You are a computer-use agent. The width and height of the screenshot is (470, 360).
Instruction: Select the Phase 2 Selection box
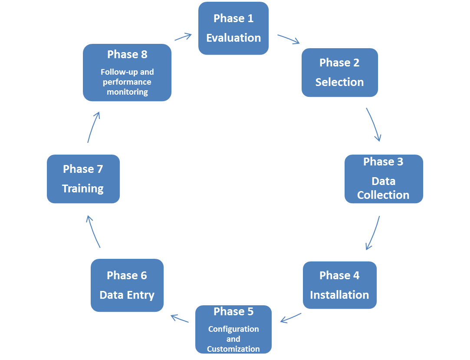[339, 72]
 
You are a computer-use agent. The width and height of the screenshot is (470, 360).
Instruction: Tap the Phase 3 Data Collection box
[384, 178]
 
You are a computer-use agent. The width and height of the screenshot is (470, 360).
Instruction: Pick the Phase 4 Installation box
[339, 284]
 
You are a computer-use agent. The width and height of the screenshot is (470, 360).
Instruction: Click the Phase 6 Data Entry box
[127, 285]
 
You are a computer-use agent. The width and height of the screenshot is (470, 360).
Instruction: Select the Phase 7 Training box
[83, 178]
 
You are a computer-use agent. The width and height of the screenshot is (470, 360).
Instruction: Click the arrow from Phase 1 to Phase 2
[289, 39]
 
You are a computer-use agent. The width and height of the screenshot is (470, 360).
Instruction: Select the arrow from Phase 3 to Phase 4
[374, 233]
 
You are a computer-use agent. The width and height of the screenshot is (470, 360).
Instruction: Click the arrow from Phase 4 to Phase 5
[291, 318]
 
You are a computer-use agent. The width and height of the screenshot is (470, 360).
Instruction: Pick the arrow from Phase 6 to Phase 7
[93, 231]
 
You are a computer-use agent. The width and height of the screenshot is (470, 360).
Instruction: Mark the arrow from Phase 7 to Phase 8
[93, 127]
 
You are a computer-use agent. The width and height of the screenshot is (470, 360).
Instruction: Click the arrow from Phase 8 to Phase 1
[183, 36]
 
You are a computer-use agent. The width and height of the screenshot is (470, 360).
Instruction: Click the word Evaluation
[233, 38]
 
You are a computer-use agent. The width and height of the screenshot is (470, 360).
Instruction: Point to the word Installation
[339, 295]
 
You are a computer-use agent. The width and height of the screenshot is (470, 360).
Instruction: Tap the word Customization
[233, 349]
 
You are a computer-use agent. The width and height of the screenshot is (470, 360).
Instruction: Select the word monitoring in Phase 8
[127, 92]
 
